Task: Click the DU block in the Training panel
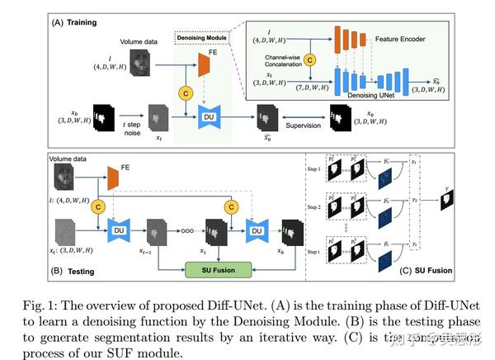point(208,118)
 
